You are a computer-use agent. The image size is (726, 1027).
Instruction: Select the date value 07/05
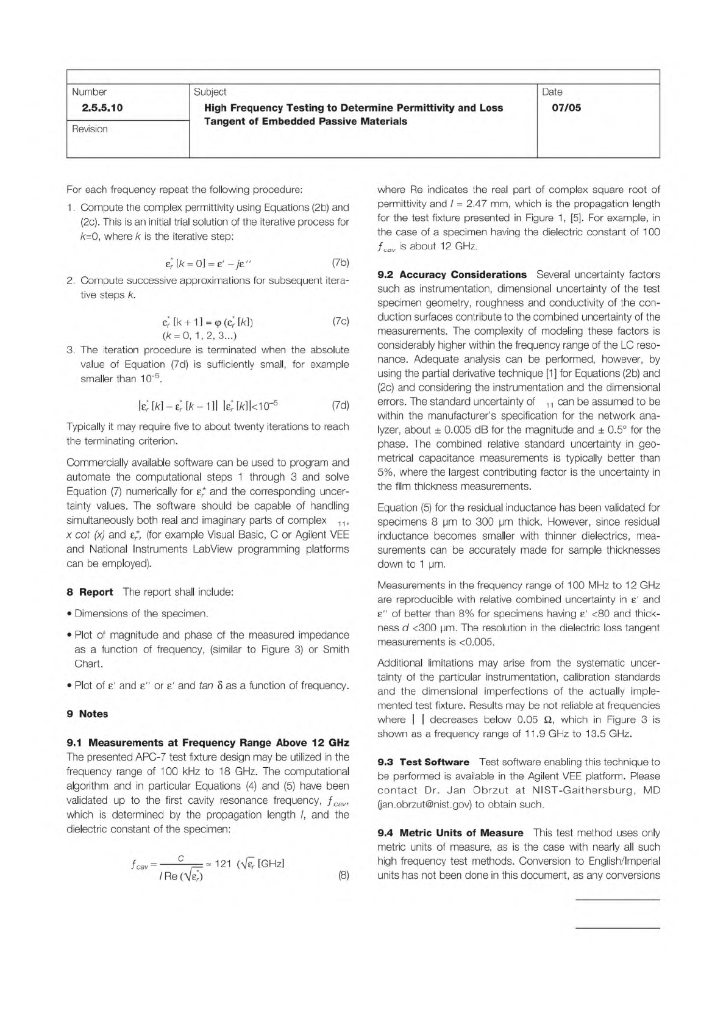(566, 108)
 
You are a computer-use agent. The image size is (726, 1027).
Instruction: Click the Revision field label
(90, 129)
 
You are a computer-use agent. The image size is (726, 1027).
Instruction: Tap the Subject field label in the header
(210, 92)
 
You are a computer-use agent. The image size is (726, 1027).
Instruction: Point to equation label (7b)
(340, 263)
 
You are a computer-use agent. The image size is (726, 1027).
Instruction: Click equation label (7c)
(340, 321)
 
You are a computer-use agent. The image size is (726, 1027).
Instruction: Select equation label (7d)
(340, 405)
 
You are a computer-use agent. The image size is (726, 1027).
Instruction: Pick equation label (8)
(344, 875)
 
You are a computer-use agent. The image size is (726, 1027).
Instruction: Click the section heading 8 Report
(90, 592)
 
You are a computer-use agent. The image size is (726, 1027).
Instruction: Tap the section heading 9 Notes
(87, 714)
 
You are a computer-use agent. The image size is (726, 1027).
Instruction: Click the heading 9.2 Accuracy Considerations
(452, 274)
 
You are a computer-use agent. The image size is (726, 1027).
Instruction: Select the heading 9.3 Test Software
(423, 762)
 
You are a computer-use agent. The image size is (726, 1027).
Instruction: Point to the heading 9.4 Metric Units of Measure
(450, 832)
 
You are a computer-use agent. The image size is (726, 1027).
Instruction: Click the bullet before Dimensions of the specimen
(69, 614)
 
